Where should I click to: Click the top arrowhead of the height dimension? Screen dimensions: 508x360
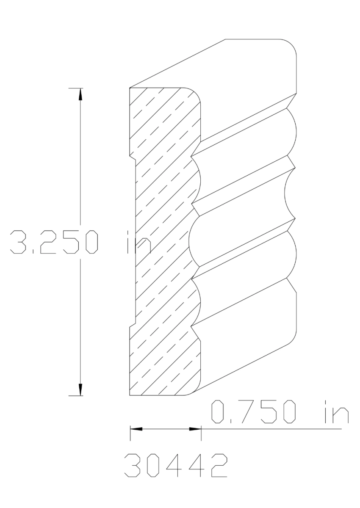(x=80, y=94)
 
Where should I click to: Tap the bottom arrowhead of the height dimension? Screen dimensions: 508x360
(x=80, y=390)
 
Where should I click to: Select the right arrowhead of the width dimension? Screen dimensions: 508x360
(x=195, y=429)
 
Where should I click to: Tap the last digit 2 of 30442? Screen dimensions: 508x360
(x=216, y=466)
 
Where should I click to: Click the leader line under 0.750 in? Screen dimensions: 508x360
(x=271, y=429)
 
